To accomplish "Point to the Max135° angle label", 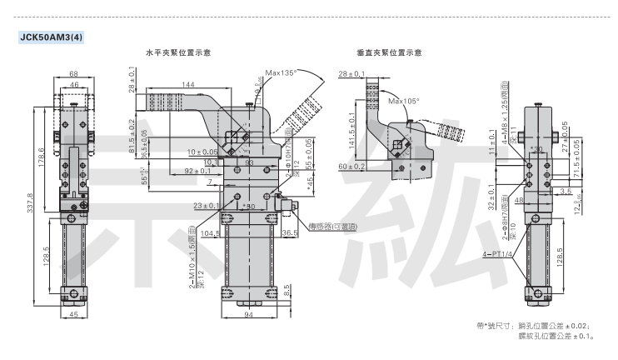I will (x=282, y=73).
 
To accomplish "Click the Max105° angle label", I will (x=405, y=101).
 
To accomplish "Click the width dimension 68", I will (x=74, y=74).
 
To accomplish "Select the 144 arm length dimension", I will (x=187, y=85).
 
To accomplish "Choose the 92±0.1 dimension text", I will (x=197, y=171).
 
